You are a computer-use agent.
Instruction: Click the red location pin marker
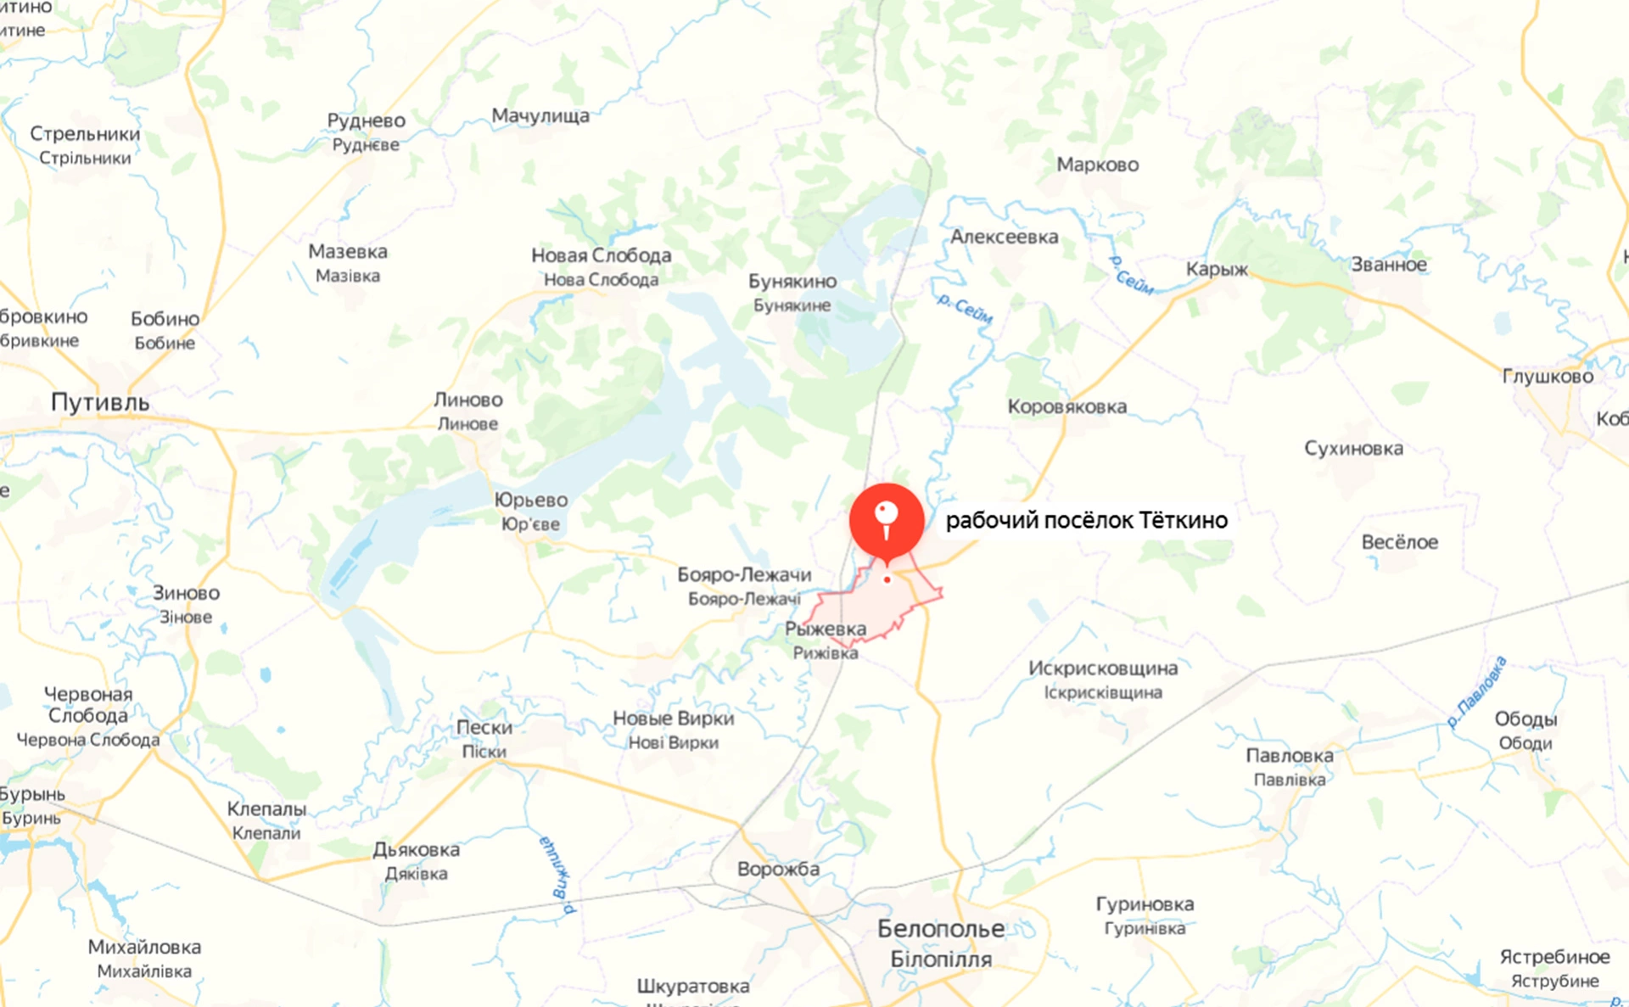[x=887, y=519]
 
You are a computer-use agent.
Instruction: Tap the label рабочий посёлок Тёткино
[x=1086, y=520]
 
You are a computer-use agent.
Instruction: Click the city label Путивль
[x=100, y=402]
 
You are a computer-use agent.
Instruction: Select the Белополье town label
[x=940, y=929]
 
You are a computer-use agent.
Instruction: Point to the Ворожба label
[x=778, y=869]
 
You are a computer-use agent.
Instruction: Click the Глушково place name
[x=1548, y=376]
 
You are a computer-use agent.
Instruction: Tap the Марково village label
[x=1097, y=165]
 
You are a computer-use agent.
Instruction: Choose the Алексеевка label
[x=1004, y=237]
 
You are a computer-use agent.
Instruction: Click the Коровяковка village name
[x=1066, y=406]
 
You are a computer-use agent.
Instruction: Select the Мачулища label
[x=540, y=115]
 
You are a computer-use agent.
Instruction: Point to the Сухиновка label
[x=1353, y=448]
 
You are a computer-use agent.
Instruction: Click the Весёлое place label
[x=1399, y=542]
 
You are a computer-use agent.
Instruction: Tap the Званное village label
[x=1388, y=265]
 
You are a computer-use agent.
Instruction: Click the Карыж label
[x=1217, y=269]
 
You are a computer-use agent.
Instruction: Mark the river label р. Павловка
[x=1476, y=692]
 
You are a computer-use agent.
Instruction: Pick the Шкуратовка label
[x=693, y=986]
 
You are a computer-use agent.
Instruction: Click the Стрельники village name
[x=85, y=134]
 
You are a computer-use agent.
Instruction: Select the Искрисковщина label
[x=1102, y=669]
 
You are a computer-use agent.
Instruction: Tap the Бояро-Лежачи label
[x=744, y=575]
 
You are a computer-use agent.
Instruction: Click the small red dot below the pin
[x=887, y=580]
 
